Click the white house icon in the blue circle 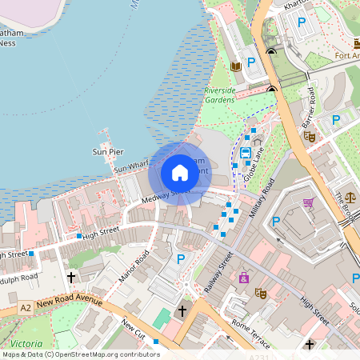180,172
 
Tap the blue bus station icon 246,152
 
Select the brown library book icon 235,66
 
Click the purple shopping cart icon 308,202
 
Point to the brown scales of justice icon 350,195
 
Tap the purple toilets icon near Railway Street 243,278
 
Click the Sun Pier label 109,150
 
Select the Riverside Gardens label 220,95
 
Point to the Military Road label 263,198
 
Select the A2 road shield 26,307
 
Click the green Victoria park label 26,343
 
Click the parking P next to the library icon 250,62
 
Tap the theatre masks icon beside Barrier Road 310,136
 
